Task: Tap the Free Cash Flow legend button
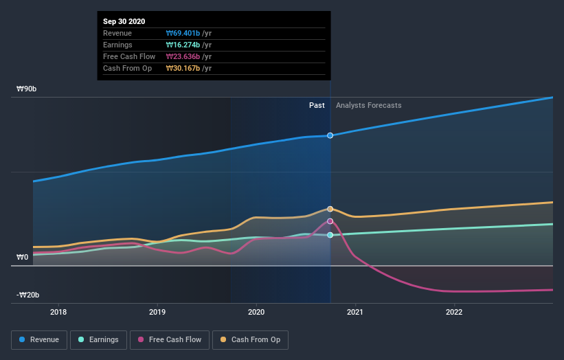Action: click(x=169, y=339)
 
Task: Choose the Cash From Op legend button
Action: click(x=251, y=339)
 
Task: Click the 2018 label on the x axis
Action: click(x=58, y=311)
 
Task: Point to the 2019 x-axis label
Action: click(x=157, y=311)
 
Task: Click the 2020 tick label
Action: click(x=256, y=311)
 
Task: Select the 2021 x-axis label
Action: click(x=355, y=311)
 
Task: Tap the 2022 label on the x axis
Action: click(x=454, y=311)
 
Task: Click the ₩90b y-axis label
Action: click(x=27, y=89)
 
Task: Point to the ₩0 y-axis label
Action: click(x=23, y=258)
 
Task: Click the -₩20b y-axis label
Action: click(x=28, y=295)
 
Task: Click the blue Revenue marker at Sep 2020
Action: click(x=330, y=135)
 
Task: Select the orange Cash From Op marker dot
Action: click(x=330, y=209)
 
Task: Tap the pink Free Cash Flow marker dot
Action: click(x=330, y=221)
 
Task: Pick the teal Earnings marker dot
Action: click(x=330, y=235)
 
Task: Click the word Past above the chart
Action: click(x=317, y=105)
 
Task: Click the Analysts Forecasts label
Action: click(x=368, y=105)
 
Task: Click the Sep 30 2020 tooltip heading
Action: click(x=124, y=21)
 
